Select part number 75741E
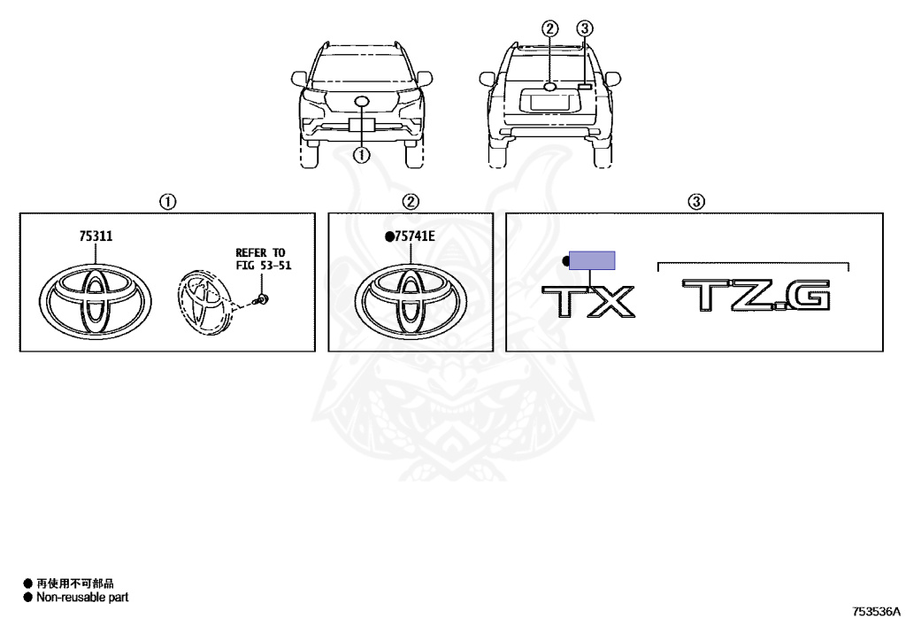coord(412,236)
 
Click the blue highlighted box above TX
coord(592,260)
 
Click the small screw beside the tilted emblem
coord(263,297)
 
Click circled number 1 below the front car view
coord(361,155)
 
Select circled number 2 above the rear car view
coord(550,28)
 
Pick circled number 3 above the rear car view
coord(584,28)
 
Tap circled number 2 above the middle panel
coord(411,202)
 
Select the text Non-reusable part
coord(81,598)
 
